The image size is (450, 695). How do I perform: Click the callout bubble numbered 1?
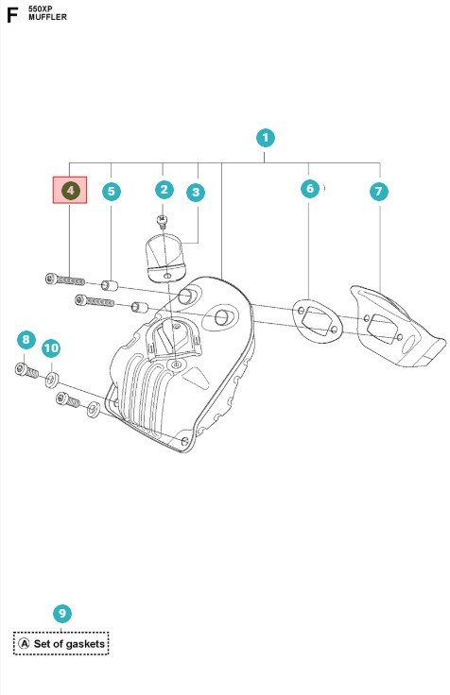[266, 138]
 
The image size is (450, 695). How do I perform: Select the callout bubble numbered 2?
[164, 190]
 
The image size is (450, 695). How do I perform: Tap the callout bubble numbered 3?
[196, 193]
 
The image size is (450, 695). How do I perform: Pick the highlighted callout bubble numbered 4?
[70, 191]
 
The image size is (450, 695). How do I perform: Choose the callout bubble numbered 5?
[112, 191]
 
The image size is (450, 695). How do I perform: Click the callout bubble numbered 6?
[310, 188]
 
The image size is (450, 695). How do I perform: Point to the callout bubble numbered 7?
[378, 191]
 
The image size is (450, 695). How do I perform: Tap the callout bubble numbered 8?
[26, 340]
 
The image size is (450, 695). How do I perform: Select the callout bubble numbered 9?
[62, 614]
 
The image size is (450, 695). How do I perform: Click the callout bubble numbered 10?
[51, 348]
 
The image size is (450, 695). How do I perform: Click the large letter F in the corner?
[12, 14]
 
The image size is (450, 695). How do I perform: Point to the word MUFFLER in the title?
[47, 17]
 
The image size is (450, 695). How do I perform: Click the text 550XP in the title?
[41, 8]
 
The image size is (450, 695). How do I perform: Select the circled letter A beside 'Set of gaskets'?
[25, 644]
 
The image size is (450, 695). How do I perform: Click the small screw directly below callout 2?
[163, 221]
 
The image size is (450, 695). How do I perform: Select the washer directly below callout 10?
[52, 380]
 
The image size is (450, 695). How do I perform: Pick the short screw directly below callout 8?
[26, 370]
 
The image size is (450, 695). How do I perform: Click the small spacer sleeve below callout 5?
[110, 285]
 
